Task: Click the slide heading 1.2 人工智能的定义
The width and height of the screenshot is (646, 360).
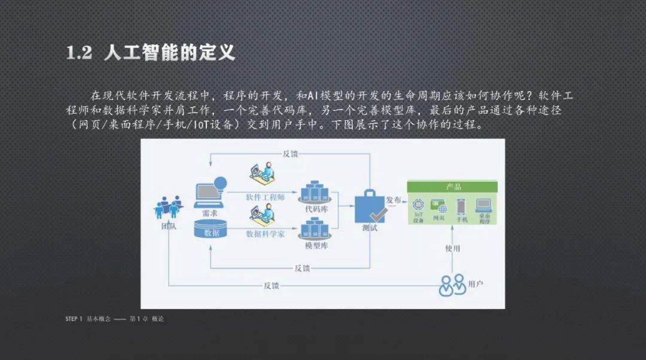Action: tap(150, 53)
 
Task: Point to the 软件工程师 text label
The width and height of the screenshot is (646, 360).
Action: tap(265, 197)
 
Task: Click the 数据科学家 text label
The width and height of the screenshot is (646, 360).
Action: tap(265, 234)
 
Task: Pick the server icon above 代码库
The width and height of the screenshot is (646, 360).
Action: tap(316, 192)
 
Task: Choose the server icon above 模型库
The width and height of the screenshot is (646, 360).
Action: tap(316, 228)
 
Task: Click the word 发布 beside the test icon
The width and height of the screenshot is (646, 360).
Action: tap(394, 200)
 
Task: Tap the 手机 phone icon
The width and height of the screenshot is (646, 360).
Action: tap(461, 206)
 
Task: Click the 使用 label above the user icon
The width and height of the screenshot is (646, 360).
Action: tap(452, 248)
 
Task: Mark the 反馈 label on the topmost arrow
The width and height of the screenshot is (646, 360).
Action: tap(290, 154)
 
